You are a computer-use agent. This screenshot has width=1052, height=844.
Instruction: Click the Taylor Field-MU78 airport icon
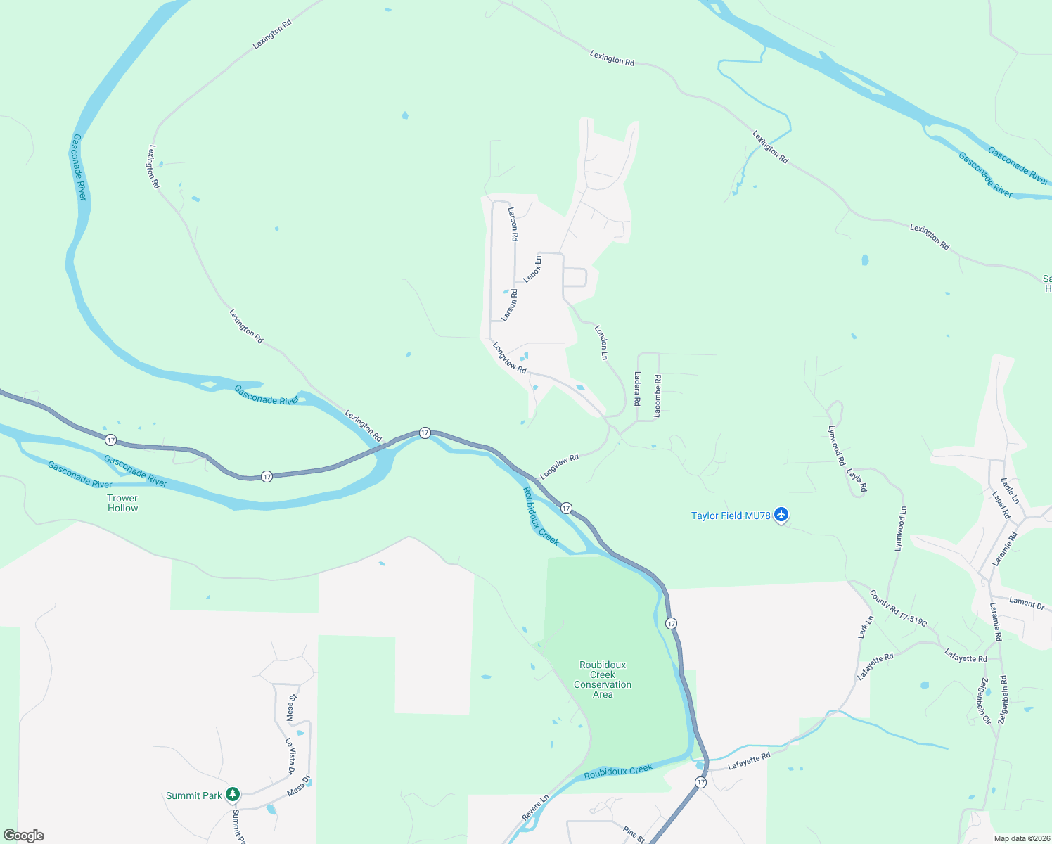[781, 516]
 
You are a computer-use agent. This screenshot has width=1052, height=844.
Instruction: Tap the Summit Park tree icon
[233, 795]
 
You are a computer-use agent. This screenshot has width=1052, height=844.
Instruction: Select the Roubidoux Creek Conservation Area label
[603, 679]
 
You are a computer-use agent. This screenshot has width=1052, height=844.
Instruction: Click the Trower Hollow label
[122, 503]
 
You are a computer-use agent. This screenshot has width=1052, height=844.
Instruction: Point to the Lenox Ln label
[533, 269]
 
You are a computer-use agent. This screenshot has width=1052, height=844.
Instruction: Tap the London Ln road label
[601, 343]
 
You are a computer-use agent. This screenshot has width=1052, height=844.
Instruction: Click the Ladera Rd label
[637, 388]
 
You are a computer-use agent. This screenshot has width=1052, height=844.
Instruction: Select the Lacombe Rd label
[657, 396]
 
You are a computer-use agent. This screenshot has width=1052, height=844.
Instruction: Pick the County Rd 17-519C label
[898, 608]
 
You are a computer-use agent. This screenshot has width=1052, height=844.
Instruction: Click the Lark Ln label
[866, 627]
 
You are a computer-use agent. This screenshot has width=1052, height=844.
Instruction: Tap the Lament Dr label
[1027, 603]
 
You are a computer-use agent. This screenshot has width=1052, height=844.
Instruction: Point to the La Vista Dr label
[290, 756]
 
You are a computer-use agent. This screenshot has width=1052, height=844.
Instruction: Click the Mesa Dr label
[299, 786]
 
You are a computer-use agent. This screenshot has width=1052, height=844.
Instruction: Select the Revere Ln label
[535, 807]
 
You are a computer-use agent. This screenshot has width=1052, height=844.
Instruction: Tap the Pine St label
[634, 835]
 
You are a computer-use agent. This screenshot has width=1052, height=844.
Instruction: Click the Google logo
[24, 836]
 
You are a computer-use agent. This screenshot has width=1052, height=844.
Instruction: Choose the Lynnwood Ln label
[900, 528]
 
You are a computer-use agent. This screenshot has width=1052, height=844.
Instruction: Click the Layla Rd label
[857, 480]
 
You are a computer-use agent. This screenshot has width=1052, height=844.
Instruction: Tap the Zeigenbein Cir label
[984, 701]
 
